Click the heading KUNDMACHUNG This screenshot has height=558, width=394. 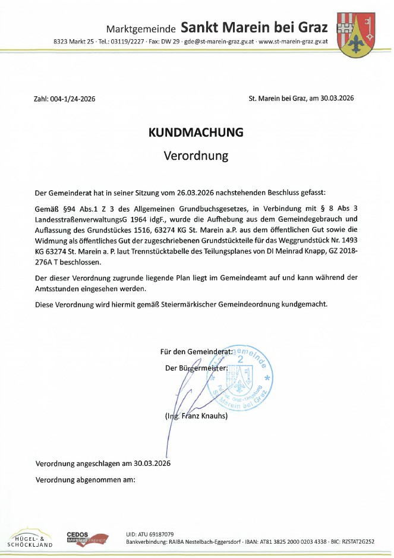(x=196, y=133)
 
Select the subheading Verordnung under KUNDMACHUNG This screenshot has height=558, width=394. (x=196, y=156)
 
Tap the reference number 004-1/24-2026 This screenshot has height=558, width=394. (x=71, y=99)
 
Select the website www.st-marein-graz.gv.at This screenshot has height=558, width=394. (x=294, y=42)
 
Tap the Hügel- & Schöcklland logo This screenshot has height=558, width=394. (x=30, y=537)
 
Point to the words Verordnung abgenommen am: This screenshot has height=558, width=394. (x=86, y=479)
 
